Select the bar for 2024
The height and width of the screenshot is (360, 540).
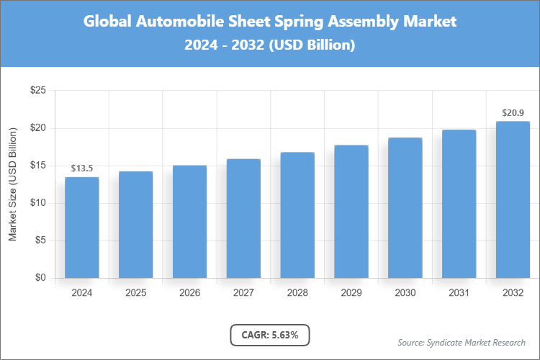(82, 228)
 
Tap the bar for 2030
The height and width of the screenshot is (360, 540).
(405, 208)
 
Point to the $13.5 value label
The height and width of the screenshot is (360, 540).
(82, 168)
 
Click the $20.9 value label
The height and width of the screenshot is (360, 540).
(513, 113)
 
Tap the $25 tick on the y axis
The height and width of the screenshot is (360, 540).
(37, 91)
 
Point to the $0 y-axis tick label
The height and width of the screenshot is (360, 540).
(40, 278)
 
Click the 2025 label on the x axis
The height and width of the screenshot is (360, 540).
(136, 293)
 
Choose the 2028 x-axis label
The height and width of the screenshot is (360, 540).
(297, 293)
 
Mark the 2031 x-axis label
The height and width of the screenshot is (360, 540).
(459, 293)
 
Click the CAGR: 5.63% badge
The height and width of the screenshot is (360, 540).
(270, 335)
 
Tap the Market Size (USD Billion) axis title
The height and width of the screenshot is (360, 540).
(13, 184)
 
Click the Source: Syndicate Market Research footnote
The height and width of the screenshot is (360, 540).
(461, 342)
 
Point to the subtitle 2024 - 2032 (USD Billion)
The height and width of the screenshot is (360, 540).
(270, 45)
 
